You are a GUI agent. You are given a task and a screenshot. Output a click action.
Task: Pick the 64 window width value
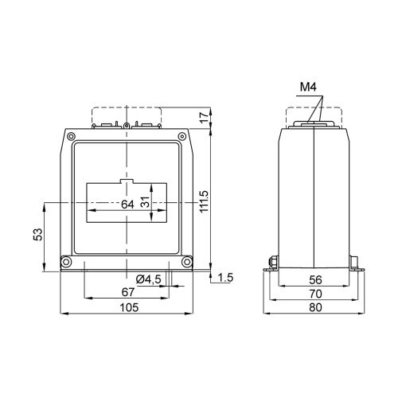[x=127, y=204]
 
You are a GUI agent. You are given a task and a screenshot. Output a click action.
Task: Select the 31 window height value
[x=146, y=203]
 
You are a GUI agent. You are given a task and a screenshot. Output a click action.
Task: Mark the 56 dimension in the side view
[x=314, y=279]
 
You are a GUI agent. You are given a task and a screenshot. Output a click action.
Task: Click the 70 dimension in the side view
[x=314, y=293]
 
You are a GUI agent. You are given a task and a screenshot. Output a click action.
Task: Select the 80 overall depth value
[x=314, y=306]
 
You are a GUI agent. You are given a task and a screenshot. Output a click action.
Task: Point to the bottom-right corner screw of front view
[x=188, y=262]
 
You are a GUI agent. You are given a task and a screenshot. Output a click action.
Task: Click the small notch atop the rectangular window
[x=127, y=182]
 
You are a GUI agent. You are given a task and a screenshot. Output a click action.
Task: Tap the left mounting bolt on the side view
[x=271, y=260]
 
